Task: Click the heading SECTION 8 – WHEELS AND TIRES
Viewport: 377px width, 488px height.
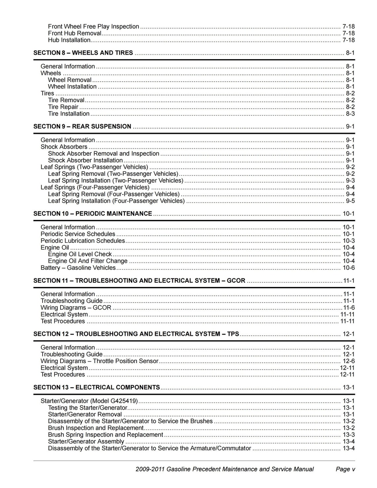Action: point(83,53)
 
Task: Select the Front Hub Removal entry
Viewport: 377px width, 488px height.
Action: point(74,33)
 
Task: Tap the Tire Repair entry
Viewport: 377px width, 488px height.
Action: point(63,107)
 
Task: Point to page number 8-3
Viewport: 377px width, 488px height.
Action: point(350,114)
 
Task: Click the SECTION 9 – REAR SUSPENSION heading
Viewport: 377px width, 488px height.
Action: point(82,127)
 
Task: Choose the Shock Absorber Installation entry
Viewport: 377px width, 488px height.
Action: point(85,160)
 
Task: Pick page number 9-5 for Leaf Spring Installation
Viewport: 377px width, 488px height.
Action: point(350,201)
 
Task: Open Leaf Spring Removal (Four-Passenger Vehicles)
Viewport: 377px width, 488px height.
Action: point(114,194)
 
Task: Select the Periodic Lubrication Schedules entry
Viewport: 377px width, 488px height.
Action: point(83,241)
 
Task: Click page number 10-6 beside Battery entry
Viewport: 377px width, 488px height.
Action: point(349,268)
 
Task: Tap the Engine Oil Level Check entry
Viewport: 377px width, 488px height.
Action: point(80,254)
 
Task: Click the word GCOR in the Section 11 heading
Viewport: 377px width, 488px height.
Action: point(236,281)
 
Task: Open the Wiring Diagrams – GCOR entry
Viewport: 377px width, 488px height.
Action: point(76,308)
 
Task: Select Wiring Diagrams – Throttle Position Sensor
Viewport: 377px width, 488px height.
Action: point(100,361)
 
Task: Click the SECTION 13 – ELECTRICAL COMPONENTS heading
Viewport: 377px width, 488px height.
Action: point(97,387)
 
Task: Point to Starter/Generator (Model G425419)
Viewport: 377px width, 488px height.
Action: point(89,401)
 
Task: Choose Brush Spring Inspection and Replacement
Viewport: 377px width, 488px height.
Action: point(105,435)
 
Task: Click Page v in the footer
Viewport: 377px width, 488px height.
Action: point(345,469)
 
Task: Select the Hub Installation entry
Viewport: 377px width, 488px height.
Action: point(69,40)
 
